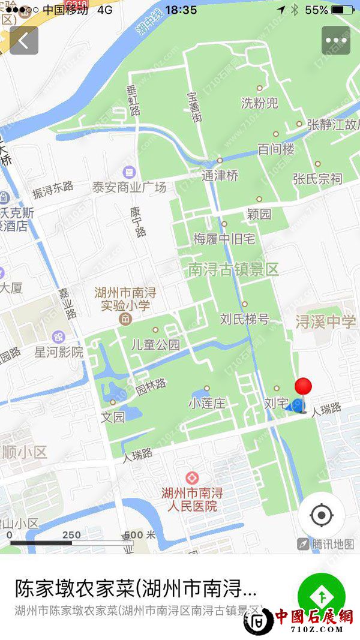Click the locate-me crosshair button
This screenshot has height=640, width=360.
(x=322, y=515)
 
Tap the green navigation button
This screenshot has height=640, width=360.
(x=322, y=596)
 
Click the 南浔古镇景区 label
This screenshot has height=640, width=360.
(x=233, y=269)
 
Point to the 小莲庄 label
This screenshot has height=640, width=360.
(x=207, y=404)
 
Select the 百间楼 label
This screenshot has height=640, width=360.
(x=276, y=149)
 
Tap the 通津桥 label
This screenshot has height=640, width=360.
(x=220, y=176)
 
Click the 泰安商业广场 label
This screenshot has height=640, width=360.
(x=129, y=187)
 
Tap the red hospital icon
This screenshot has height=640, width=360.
(x=192, y=478)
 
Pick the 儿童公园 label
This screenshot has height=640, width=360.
(x=156, y=344)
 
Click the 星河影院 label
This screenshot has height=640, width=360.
(x=59, y=352)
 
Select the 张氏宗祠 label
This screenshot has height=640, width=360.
(x=317, y=178)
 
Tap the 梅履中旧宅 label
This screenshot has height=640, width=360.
(x=224, y=239)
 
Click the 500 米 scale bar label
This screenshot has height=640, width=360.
(x=140, y=535)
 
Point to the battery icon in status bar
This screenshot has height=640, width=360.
(x=343, y=10)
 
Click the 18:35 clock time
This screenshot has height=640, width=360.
(x=181, y=10)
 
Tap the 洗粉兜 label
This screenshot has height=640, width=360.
(x=260, y=103)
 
